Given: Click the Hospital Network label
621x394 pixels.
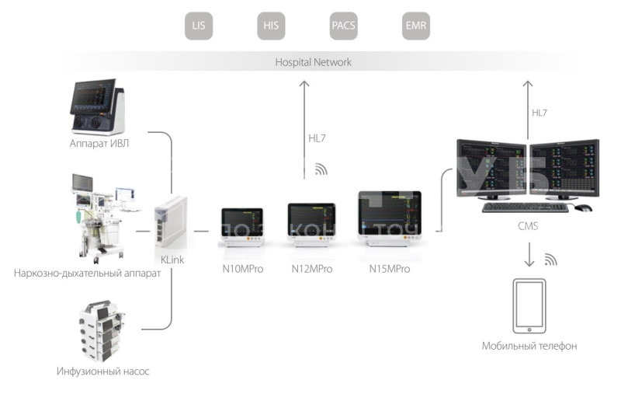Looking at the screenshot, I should (x=313, y=62).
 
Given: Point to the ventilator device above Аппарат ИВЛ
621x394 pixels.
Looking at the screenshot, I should (x=98, y=107).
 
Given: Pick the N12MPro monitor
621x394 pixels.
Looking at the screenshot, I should (x=311, y=224).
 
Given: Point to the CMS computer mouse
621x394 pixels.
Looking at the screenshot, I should (x=582, y=207).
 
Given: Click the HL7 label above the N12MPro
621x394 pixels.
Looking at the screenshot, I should (x=317, y=140).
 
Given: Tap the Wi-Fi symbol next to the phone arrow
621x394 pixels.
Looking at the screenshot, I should (x=550, y=259).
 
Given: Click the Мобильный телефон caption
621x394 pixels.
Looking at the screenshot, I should (x=529, y=347).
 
